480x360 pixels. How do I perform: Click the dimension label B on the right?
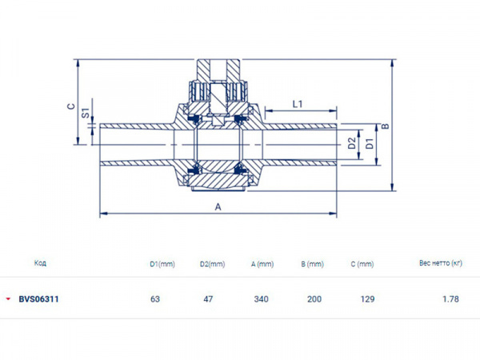(385, 126)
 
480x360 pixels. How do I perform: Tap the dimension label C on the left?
(70, 105)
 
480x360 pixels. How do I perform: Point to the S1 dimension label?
(85, 113)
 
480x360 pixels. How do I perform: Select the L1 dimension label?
(297, 103)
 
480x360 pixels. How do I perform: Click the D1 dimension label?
(369, 144)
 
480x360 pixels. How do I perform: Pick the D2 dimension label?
(351, 144)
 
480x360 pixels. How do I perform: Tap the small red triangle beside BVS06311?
(8, 298)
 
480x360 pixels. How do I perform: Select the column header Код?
(40, 262)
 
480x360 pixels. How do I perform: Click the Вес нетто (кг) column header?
(441, 262)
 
